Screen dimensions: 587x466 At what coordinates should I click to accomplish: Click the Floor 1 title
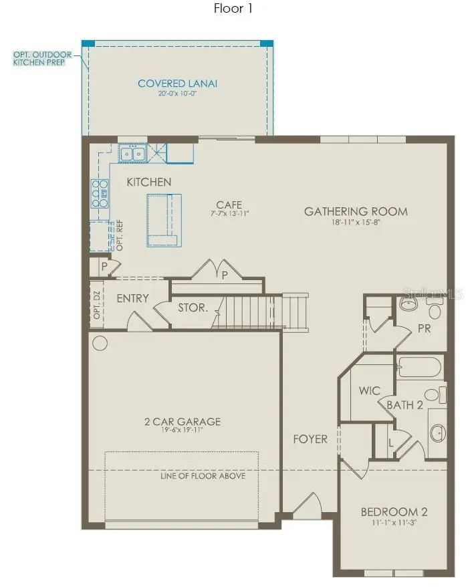pos(233,9)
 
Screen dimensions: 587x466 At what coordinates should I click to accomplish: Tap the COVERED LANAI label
pos(177,84)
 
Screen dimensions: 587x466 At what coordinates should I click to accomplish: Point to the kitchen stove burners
pos(100,194)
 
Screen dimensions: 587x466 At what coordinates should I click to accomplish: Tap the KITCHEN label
pos(149,182)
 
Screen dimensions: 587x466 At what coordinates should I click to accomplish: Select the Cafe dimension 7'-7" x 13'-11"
pos(228,214)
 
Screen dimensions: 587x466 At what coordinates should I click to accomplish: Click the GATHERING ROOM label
pos(356,211)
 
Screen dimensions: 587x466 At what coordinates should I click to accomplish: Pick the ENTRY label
pos(132,298)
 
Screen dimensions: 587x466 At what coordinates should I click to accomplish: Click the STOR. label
pos(193,309)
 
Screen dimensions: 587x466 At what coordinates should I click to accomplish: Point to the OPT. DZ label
pos(97,305)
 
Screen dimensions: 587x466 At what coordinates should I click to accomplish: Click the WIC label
pos(369,390)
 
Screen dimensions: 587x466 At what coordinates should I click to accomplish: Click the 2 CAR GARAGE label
pos(183,422)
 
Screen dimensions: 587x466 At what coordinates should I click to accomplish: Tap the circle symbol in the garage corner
pos(100,344)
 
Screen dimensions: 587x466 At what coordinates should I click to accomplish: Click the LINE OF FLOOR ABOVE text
pos(203,476)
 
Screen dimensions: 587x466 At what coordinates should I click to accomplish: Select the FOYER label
pos(310,439)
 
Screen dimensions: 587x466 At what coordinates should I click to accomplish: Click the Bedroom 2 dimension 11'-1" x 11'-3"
pos(394,523)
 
